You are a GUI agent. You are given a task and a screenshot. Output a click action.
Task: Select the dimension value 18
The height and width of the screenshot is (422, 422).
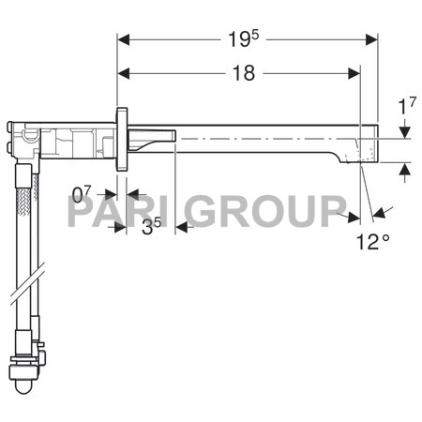click(243, 73)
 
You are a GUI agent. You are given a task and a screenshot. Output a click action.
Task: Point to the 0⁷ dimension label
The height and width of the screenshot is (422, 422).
click(83, 194)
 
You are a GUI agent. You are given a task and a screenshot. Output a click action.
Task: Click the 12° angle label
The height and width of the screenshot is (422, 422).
click(372, 242)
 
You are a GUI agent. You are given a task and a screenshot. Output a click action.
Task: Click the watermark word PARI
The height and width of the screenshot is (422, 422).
click(111, 213)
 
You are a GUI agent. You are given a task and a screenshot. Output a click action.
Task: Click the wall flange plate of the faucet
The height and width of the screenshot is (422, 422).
click(121, 140)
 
